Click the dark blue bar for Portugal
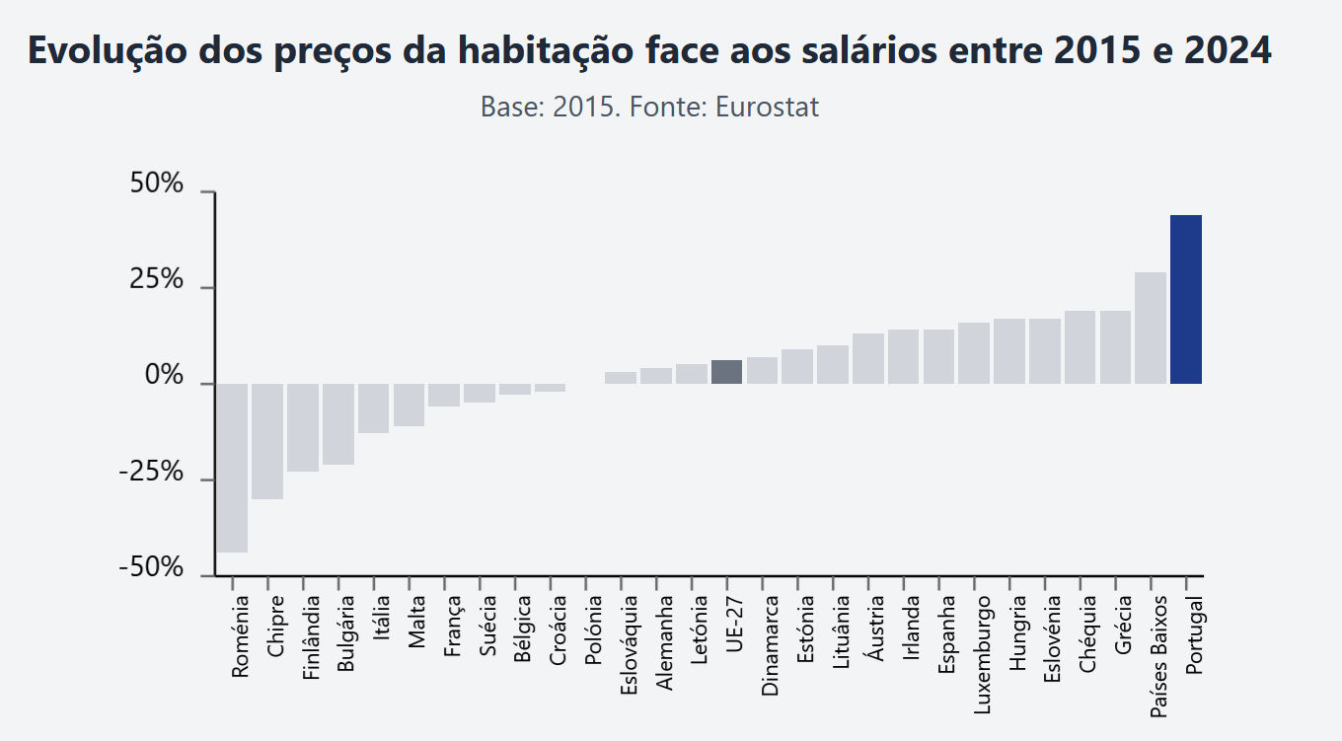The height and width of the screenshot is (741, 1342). (x=1185, y=299)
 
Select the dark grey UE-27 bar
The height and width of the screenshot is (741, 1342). (x=726, y=372)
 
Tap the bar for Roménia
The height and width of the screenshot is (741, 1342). (x=232, y=468)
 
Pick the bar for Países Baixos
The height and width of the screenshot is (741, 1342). (x=1151, y=328)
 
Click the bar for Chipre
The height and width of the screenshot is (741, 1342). (x=267, y=441)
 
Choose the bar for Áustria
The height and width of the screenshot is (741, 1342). (x=867, y=358)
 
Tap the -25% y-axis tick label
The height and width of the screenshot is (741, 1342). (x=151, y=473)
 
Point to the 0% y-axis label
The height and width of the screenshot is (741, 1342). (x=164, y=377)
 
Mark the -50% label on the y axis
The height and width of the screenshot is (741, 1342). (x=151, y=568)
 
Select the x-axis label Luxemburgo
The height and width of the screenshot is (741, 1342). (x=982, y=653)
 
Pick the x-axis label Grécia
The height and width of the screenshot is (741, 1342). (x=1123, y=625)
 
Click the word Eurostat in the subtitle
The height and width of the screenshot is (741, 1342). (x=767, y=107)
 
